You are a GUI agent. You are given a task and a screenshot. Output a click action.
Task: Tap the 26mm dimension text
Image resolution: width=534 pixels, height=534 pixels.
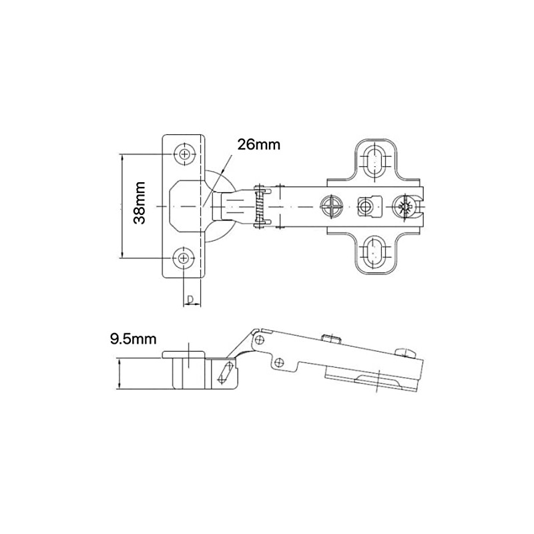(x=259, y=144)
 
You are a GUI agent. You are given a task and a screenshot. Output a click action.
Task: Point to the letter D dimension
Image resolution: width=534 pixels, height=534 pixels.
(x=190, y=298)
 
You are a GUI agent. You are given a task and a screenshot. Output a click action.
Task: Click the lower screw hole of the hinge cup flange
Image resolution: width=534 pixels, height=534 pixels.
(x=184, y=258)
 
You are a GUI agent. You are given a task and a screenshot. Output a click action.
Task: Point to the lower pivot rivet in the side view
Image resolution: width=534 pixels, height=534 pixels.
(x=281, y=362)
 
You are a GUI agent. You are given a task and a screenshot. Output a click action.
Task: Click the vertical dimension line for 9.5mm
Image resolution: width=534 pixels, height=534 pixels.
(x=119, y=374)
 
